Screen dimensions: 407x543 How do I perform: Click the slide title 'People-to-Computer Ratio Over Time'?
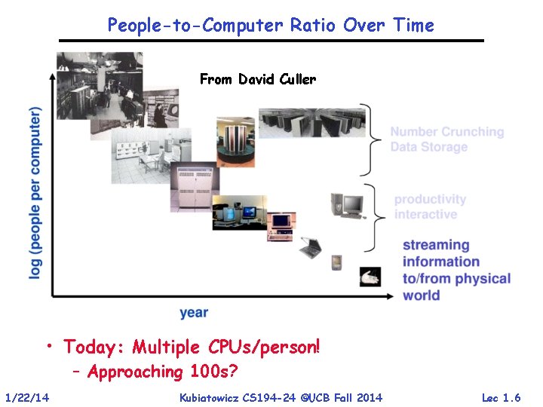point(271,25)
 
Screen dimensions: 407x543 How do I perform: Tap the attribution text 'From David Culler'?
point(257,79)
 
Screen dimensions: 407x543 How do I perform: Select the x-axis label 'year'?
point(194,312)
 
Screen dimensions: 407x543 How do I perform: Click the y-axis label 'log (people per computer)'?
point(35,194)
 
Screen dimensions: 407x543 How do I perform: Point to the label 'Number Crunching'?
point(446,132)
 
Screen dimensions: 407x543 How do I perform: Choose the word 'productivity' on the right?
point(430,200)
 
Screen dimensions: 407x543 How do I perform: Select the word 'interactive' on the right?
point(425,215)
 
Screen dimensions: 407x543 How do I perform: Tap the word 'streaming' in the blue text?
point(436,245)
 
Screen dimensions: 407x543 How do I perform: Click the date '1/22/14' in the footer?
point(26,397)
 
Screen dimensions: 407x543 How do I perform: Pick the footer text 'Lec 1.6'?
point(501,397)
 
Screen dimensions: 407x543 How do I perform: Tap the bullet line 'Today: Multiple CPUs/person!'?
point(192,347)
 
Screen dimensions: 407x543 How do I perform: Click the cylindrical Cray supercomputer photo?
point(235,141)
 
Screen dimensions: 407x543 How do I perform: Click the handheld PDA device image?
point(336,262)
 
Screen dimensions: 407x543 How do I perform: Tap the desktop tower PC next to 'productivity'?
point(347,205)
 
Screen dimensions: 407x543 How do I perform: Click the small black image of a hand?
point(370,277)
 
